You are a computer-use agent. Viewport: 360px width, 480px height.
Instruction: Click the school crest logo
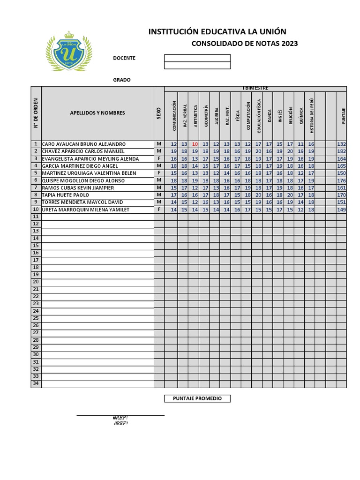pos(69,51)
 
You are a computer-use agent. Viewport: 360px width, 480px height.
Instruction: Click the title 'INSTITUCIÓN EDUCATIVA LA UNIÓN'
pos(217,32)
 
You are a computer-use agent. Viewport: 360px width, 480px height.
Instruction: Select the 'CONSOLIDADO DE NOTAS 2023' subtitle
pos(245,44)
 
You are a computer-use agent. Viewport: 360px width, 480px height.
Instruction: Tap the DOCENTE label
pos(124,58)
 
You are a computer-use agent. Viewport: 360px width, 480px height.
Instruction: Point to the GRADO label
pos(122,80)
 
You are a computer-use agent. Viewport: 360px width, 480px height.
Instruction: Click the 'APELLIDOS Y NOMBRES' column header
pos(97,113)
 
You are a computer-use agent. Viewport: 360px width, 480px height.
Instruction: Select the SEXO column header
pos(159,113)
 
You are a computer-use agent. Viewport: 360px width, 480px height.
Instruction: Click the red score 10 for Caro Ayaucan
pos(195,144)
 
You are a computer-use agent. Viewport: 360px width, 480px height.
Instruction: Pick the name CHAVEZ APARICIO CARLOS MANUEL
pos(83,151)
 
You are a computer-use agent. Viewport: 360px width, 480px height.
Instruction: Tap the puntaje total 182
pos(341,151)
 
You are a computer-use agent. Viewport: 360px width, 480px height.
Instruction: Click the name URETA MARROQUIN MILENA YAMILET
pos(86,210)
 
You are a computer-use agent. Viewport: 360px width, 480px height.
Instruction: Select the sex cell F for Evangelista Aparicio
pos(159,159)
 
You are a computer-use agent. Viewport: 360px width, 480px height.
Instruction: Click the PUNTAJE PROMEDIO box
pos(197,398)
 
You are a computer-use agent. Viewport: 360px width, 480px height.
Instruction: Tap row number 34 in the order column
pos(36,384)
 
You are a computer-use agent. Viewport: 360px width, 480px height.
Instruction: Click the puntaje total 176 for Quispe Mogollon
pos(341,180)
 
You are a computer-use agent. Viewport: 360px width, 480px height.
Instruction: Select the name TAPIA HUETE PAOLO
pos(66,195)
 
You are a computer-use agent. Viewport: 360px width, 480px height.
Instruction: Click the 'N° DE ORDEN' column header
pos(36,113)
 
